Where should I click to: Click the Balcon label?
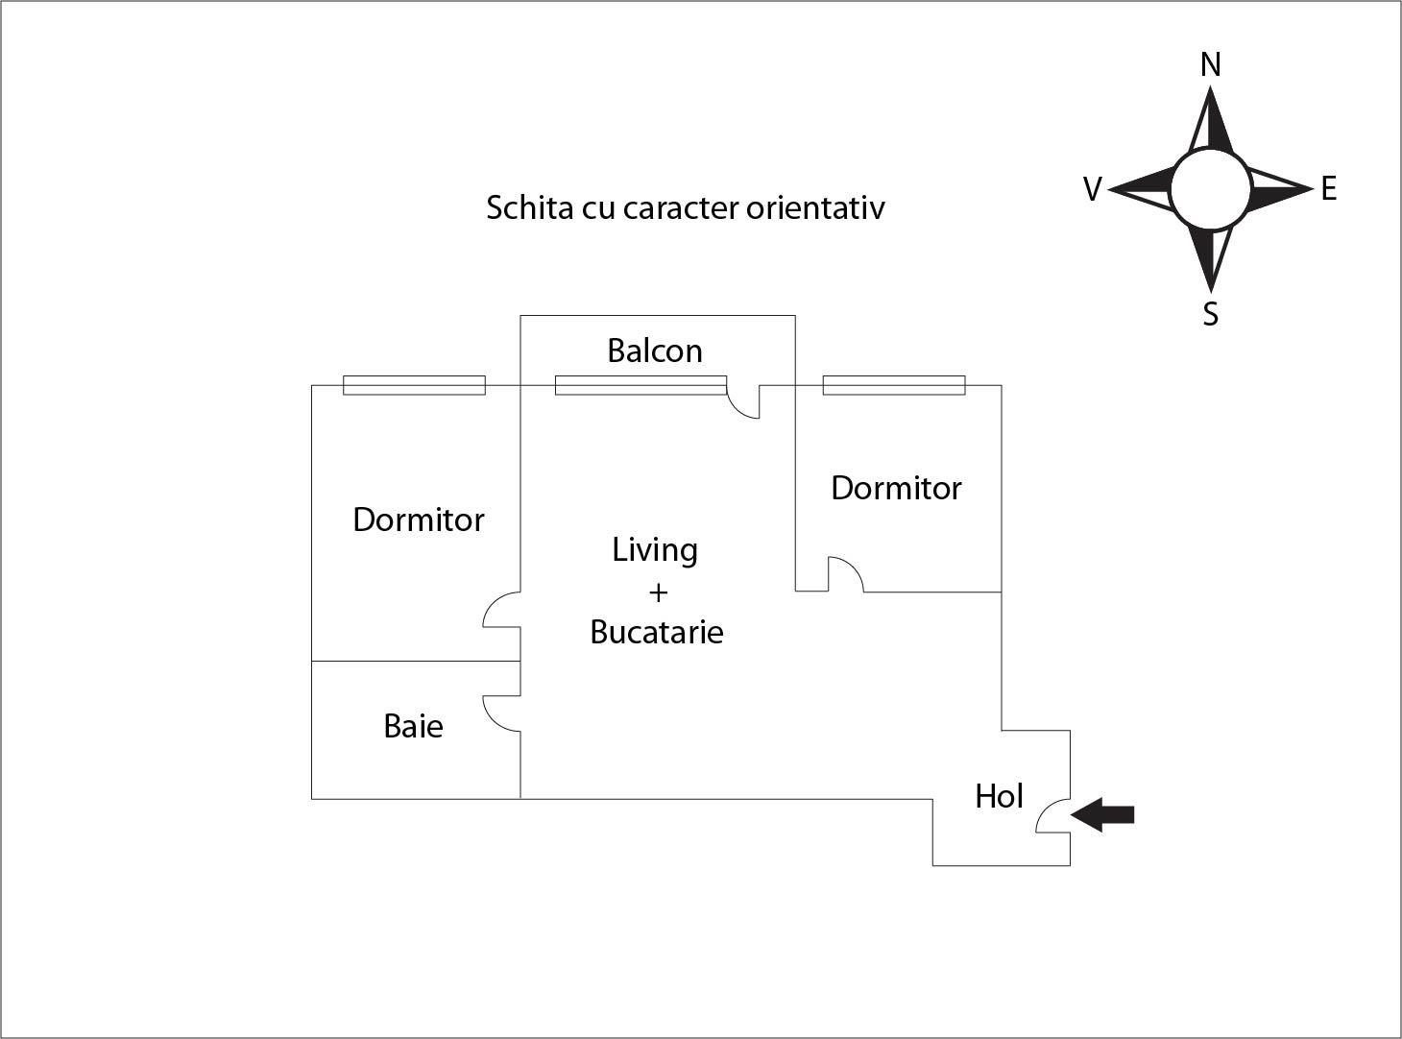tap(655, 350)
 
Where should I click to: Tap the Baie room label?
tap(413, 726)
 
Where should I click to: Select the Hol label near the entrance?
tap(999, 796)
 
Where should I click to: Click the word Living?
tap(655, 550)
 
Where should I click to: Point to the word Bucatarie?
tap(657, 632)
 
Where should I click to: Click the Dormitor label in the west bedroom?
tap(419, 519)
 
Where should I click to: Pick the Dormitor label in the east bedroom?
tap(896, 488)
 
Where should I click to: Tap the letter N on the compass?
tap(1211, 64)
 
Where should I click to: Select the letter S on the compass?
tap(1211, 314)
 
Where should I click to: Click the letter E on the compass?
tap(1329, 188)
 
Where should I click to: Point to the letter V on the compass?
tap(1092, 189)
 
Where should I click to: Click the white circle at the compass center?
tap(1211, 189)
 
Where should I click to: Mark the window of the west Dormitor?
tap(414, 385)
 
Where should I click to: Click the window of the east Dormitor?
tap(894, 385)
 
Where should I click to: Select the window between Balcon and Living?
tap(641, 385)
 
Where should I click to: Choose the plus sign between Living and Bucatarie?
tap(658, 592)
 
